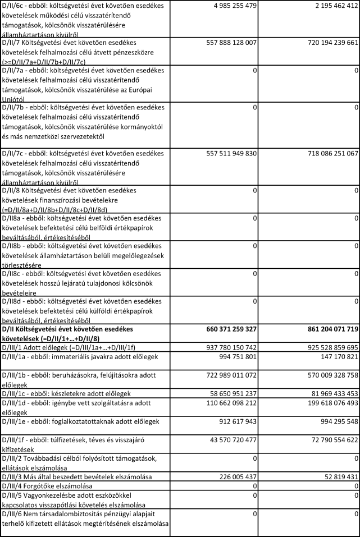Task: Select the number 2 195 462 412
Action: point(327,6)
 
